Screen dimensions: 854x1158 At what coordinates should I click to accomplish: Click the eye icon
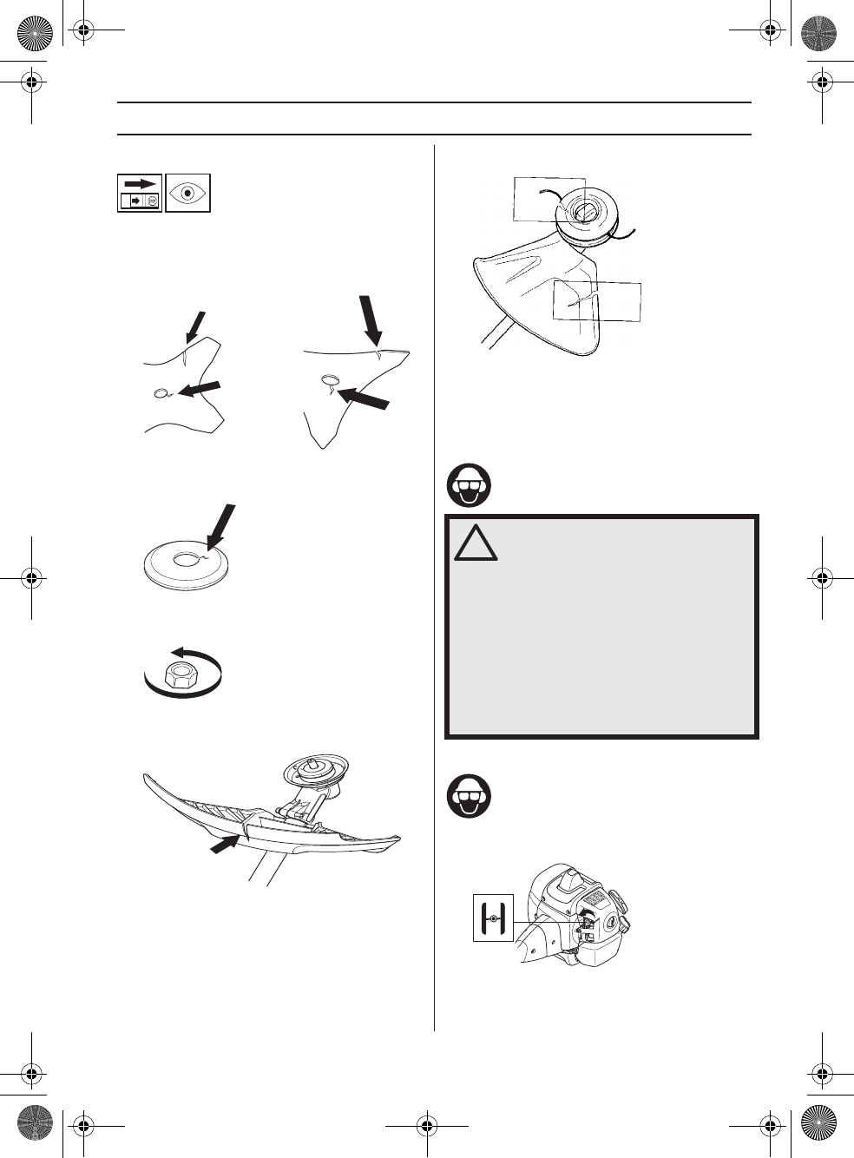[x=188, y=193]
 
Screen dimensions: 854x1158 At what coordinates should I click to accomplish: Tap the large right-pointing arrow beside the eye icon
[x=140, y=184]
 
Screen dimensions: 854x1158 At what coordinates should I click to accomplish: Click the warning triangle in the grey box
[x=475, y=543]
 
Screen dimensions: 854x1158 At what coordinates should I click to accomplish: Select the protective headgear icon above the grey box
[x=469, y=485]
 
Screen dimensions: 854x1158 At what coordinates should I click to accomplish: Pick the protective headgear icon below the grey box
[x=469, y=796]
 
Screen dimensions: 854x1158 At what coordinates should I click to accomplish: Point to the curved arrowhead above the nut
[x=177, y=653]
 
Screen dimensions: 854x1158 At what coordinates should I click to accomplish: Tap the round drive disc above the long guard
[x=318, y=767]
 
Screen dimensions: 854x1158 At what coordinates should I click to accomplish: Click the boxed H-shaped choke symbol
[x=493, y=918]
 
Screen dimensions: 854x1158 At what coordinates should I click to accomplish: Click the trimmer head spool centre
[x=584, y=210]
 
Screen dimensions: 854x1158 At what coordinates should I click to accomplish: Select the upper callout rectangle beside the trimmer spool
[x=549, y=199]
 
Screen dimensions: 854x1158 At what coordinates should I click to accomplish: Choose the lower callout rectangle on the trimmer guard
[x=597, y=301]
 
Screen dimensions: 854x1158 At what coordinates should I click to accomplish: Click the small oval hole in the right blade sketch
[x=331, y=378]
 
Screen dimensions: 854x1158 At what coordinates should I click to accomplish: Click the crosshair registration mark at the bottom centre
[x=426, y=1126]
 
